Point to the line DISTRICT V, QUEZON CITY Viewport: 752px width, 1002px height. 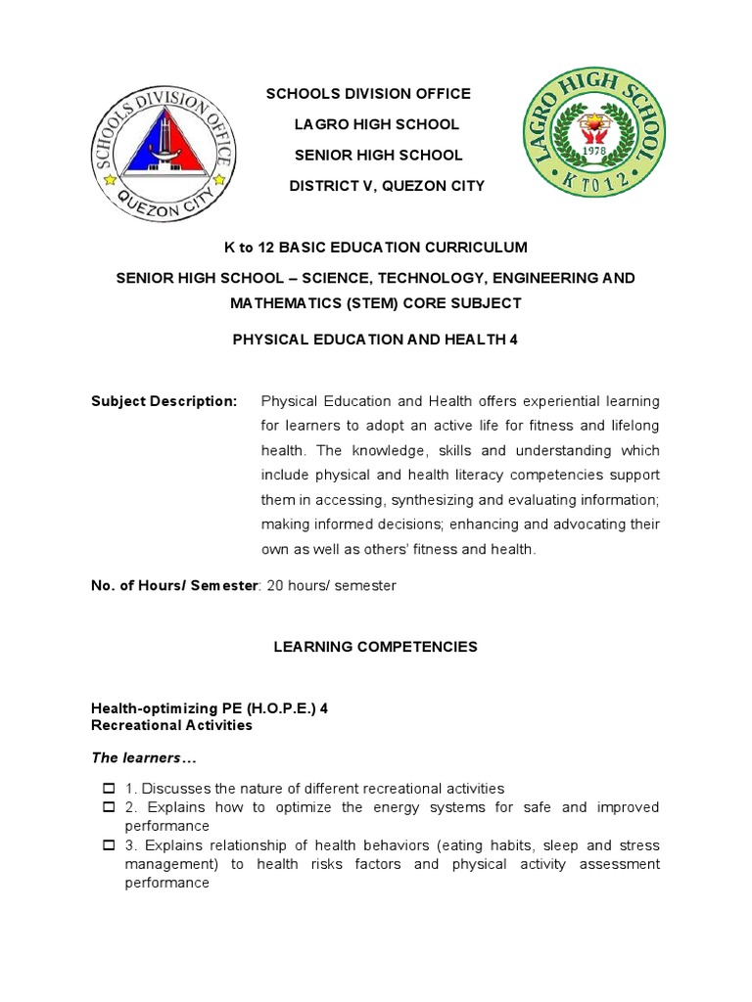387,186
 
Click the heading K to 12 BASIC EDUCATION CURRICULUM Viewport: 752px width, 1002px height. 376,247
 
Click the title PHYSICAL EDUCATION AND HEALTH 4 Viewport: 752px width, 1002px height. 376,340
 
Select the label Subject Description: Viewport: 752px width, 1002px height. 164,401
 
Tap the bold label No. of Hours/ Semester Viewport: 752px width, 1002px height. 173,585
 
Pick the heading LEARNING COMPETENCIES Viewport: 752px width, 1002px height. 376,647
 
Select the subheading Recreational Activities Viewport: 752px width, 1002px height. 171,725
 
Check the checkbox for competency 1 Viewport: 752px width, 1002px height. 109,789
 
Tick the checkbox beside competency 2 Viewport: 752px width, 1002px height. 109,807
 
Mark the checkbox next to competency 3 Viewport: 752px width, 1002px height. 109,845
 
